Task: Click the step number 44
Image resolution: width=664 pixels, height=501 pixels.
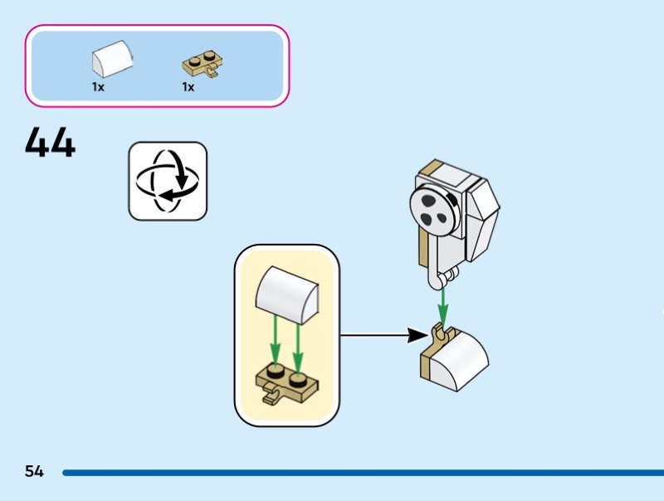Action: tap(50, 143)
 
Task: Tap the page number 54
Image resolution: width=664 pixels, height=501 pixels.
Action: tap(34, 472)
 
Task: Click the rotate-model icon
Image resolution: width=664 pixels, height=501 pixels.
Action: tap(168, 181)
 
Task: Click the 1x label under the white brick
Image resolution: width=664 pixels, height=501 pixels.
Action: tap(98, 87)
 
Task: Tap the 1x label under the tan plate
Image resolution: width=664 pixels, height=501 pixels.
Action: tap(188, 87)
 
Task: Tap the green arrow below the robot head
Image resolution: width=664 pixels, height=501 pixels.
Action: tap(443, 304)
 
